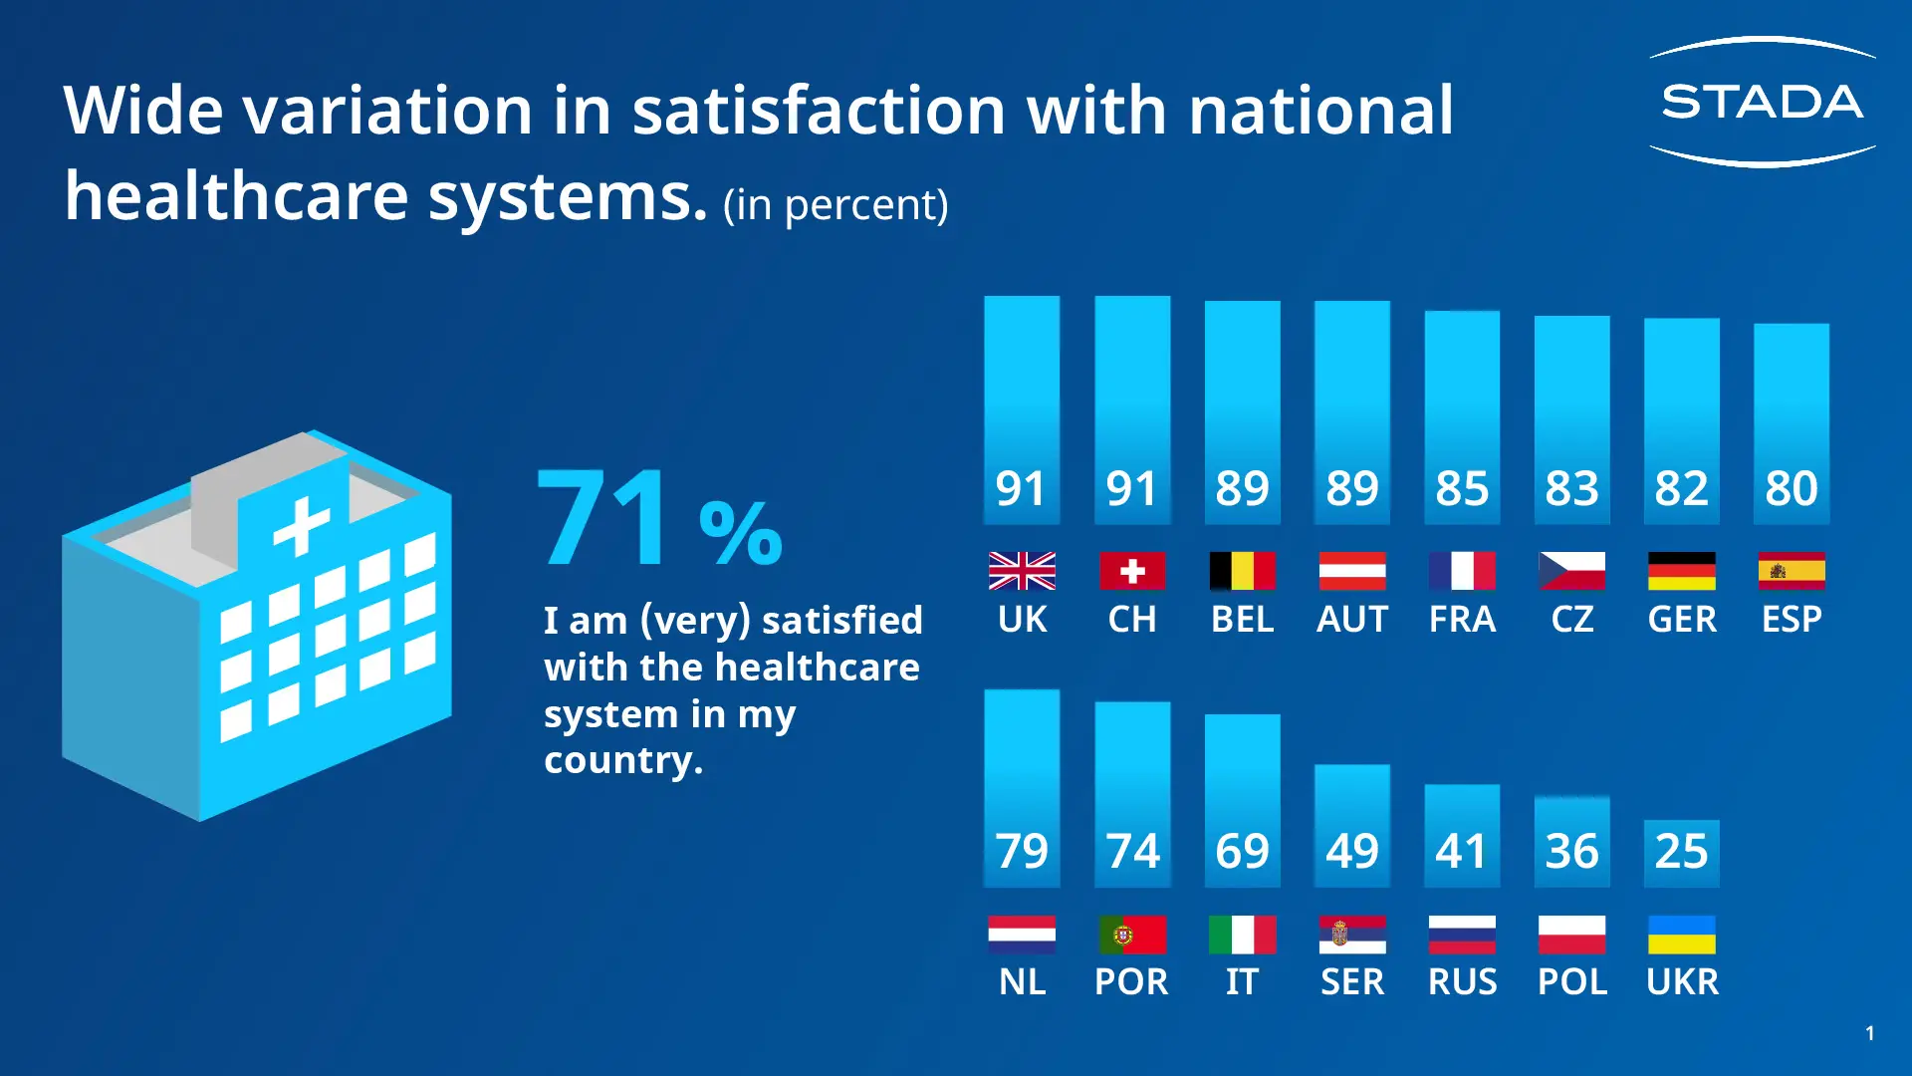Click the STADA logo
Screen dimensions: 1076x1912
click(1762, 102)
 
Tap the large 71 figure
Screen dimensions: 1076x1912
click(603, 518)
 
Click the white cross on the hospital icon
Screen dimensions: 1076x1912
click(301, 525)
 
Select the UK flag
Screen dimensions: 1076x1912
click(1022, 571)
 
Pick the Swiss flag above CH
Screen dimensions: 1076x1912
click(1132, 571)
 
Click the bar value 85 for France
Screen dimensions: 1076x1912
click(1462, 488)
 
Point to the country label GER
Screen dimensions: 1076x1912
click(1682, 620)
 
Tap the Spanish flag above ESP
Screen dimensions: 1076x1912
click(1792, 571)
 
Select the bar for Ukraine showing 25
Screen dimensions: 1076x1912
click(1682, 852)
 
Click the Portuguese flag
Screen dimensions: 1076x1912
click(1132, 935)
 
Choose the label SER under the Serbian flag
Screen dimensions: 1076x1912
click(1352, 982)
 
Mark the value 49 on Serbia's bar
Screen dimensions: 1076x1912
click(1352, 851)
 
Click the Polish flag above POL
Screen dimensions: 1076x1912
click(1572, 935)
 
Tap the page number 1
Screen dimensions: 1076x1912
click(1870, 1033)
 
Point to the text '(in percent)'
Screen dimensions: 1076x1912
click(836, 205)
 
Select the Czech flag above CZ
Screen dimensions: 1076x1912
click(1572, 571)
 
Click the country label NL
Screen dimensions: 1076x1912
click(1022, 982)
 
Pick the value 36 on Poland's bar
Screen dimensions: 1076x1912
click(1572, 851)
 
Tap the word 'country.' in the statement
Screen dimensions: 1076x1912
click(623, 761)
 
